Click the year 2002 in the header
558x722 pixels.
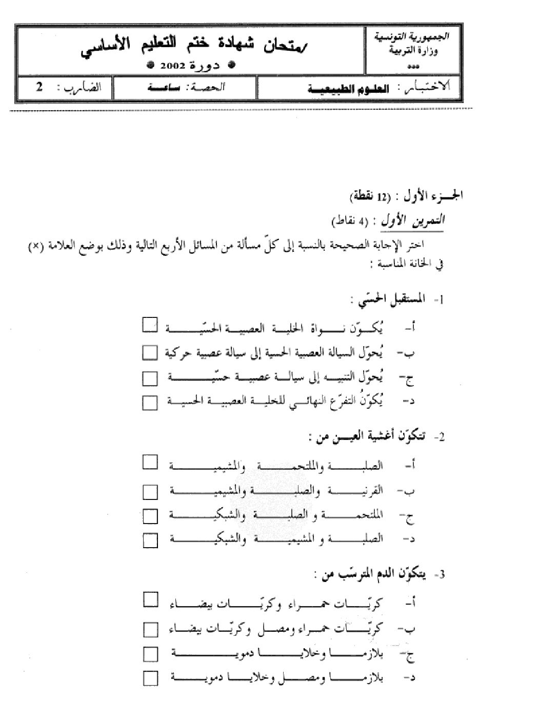pos(172,65)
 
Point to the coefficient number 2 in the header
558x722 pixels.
pos(39,87)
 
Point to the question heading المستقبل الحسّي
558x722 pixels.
pos(386,300)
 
